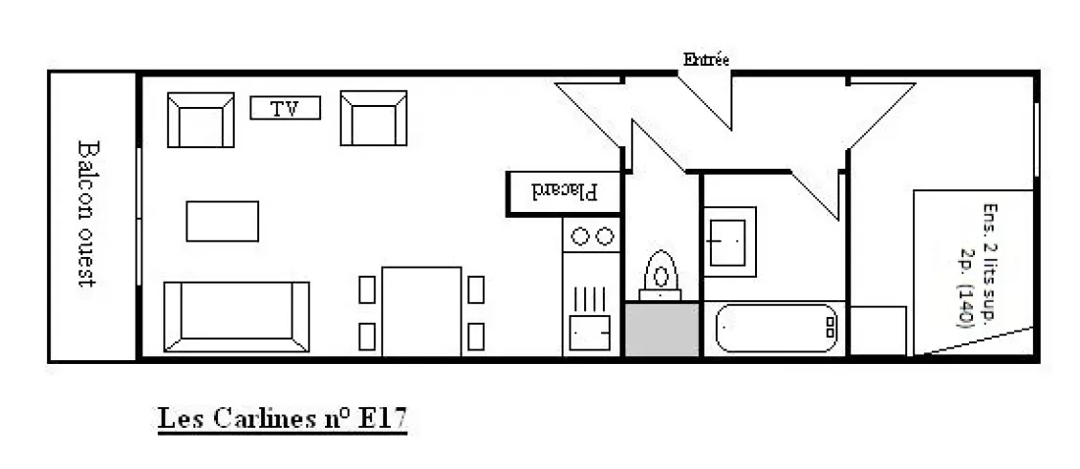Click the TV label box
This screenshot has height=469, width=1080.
285,108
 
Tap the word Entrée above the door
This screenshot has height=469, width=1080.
706,59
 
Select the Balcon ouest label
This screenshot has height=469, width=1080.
87,214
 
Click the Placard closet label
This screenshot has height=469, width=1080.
566,191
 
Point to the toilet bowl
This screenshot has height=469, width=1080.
661,276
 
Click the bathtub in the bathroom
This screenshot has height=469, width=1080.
777,328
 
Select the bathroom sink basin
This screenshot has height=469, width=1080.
729,241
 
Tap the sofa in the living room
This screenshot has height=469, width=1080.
237,317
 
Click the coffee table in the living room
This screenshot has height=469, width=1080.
223,221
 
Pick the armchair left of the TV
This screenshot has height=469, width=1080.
200,120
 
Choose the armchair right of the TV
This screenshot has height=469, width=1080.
373,118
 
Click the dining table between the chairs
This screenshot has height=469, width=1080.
421,311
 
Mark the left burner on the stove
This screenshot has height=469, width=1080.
580,236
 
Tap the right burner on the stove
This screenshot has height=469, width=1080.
605,236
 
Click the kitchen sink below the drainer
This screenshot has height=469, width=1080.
590,334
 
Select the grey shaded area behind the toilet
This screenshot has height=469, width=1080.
661,330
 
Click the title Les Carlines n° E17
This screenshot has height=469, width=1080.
283,419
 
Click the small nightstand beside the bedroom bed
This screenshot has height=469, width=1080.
878,331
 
